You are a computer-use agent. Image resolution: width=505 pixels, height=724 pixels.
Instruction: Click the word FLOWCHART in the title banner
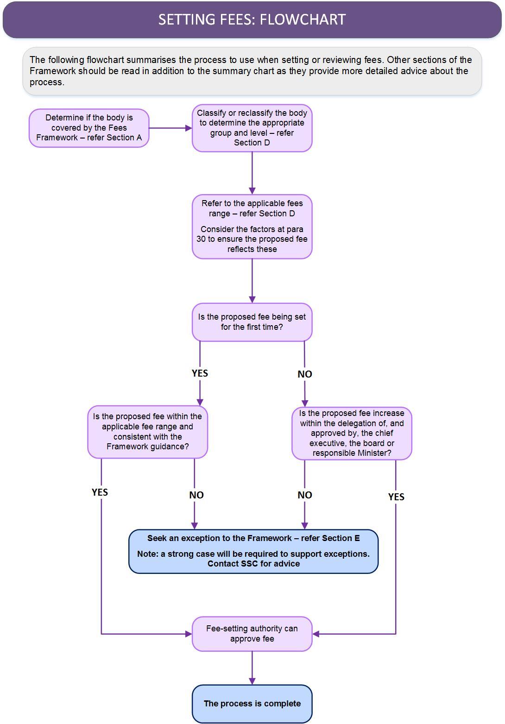pyautogui.click(x=303, y=19)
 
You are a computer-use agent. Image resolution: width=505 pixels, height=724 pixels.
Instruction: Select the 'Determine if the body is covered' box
pyautogui.click(x=89, y=128)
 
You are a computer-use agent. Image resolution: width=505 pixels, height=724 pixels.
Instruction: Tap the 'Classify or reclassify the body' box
pyautogui.click(x=252, y=128)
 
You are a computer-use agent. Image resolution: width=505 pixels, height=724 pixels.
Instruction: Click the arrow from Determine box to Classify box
pyautogui.click(x=170, y=128)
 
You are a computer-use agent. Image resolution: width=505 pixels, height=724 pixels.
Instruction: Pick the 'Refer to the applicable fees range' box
pyautogui.click(x=252, y=227)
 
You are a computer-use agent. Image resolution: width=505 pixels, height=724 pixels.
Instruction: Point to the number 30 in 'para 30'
pyautogui.click(x=201, y=239)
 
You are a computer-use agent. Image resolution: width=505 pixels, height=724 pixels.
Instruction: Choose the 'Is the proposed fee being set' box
pyautogui.click(x=252, y=322)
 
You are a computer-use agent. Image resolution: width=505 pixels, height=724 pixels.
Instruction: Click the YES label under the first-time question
pyautogui.click(x=200, y=373)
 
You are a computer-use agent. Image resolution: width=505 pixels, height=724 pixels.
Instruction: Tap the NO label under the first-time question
pyautogui.click(x=305, y=374)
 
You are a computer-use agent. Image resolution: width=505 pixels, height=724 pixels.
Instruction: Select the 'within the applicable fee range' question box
pyautogui.click(x=147, y=432)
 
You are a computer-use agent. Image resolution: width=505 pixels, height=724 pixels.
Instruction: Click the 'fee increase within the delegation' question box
pyautogui.click(x=352, y=434)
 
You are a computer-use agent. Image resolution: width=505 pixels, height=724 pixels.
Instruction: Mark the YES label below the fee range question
pyautogui.click(x=100, y=492)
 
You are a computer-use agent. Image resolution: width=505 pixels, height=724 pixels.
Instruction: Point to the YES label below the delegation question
pyautogui.click(x=397, y=497)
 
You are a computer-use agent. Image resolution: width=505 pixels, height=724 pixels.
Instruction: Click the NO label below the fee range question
pyautogui.click(x=196, y=495)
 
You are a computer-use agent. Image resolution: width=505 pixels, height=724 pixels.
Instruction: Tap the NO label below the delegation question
pyautogui.click(x=305, y=495)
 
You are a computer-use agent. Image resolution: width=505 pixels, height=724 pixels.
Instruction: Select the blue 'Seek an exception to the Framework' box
pyautogui.click(x=253, y=551)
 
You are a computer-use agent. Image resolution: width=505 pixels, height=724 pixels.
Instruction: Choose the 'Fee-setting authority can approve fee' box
pyautogui.click(x=252, y=634)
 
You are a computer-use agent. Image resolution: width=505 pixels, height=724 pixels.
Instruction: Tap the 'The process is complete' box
pyautogui.click(x=252, y=704)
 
